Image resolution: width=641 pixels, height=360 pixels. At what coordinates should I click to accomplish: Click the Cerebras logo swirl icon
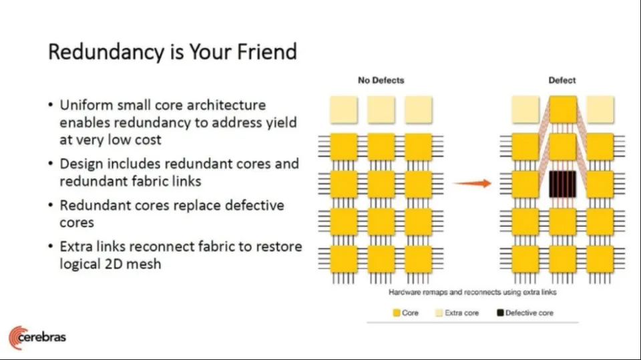click(15, 338)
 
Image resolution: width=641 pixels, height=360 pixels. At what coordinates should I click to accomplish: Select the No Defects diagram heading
click(381, 80)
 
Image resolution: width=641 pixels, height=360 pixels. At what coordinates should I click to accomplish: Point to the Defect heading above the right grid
click(562, 80)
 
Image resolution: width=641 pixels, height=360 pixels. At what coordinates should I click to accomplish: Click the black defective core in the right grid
click(562, 184)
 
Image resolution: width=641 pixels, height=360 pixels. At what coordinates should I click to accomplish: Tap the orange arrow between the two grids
click(473, 183)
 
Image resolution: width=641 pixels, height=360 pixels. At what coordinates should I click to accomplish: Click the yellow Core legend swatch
click(397, 313)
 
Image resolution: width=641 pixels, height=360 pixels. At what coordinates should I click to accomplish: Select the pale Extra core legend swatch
click(439, 313)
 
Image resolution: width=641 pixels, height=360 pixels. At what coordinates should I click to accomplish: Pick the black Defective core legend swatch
click(500, 313)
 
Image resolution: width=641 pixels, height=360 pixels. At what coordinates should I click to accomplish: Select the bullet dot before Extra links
click(51, 246)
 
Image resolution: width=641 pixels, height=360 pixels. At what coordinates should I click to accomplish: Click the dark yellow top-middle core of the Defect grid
click(562, 110)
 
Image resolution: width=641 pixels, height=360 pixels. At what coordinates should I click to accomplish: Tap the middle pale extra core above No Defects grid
click(381, 110)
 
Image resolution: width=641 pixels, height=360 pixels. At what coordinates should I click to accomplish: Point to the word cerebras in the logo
click(42, 337)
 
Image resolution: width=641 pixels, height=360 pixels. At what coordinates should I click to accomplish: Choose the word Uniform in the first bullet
click(86, 105)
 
